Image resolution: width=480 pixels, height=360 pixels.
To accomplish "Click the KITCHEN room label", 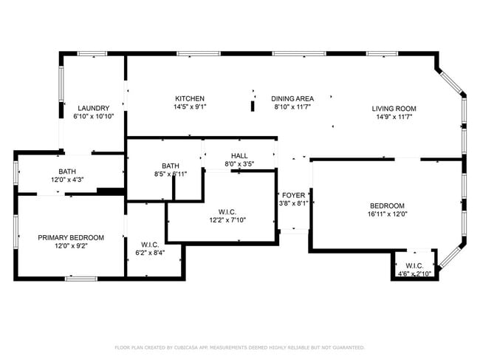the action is tap(190, 98).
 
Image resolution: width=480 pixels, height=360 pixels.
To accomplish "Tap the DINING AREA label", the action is tap(292, 98).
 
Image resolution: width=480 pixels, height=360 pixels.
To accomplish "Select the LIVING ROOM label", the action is tap(394, 109).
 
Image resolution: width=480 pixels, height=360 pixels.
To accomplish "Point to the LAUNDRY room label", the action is tap(93, 108).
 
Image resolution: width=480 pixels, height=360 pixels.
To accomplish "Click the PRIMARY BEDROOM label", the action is tap(71, 237).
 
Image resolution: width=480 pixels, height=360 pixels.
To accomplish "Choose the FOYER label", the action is tap(294, 195).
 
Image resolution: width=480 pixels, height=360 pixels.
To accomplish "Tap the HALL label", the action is tap(239, 156).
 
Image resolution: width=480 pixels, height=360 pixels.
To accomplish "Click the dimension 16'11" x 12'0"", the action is tap(387, 214).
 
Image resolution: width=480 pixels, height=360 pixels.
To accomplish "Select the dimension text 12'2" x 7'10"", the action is tap(227, 220).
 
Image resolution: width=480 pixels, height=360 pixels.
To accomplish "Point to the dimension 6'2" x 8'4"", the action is tap(150, 253).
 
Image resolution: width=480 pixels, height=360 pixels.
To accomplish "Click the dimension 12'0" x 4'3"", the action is tap(67, 180).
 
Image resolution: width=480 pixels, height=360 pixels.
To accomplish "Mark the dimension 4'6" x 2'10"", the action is tap(414, 274).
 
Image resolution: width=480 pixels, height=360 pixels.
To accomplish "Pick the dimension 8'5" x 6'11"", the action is tap(171, 174).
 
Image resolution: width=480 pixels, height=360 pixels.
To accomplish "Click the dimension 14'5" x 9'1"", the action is tap(190, 106).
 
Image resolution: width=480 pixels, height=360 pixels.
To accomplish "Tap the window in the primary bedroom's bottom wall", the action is tap(81, 279).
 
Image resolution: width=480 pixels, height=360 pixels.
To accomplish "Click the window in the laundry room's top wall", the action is tap(92, 54).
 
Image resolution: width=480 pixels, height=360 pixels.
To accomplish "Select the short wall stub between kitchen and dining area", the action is tap(253, 106).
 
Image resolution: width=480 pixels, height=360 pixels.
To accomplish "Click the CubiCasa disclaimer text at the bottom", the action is tap(240, 347).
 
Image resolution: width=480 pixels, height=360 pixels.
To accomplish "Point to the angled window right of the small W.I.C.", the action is tap(450, 257).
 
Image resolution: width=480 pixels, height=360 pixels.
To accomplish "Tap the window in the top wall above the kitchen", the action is tap(199, 54).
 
